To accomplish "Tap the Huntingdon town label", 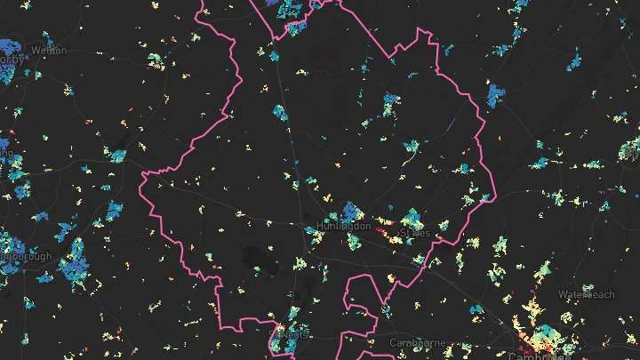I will pos(342,227).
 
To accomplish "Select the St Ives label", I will pos(414,233).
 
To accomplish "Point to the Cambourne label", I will pos(415,342).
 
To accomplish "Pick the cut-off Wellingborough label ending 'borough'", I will pos(27,257).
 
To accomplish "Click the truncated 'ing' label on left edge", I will pos(6,152).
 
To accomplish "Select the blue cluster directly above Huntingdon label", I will pos(349,211).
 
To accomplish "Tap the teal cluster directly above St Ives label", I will pos(412,217).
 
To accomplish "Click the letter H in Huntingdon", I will pos(319,227).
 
